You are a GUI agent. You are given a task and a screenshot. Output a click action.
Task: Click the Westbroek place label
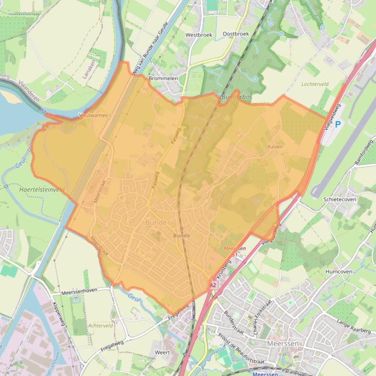(x=198, y=35)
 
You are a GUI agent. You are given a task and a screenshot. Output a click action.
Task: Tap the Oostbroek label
(x=235, y=34)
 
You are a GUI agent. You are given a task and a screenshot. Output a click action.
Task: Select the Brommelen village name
(x=163, y=78)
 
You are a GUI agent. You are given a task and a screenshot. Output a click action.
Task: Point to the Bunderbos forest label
(x=237, y=98)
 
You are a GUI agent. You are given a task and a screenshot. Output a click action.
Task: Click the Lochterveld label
(x=315, y=84)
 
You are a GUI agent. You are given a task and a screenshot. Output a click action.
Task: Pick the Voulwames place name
(x=93, y=116)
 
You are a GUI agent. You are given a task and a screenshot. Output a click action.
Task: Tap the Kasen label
(x=275, y=146)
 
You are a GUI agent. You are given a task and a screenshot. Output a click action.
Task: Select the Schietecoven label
(x=340, y=200)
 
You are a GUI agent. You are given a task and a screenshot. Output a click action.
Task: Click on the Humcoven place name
(x=338, y=272)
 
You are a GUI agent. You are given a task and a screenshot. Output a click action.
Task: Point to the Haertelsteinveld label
(x=42, y=189)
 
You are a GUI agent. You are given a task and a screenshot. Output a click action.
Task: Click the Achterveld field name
(x=101, y=326)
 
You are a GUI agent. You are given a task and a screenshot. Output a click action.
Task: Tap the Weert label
(x=162, y=352)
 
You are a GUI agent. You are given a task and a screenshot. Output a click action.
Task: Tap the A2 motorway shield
(x=213, y=284)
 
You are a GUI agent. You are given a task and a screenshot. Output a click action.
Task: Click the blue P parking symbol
(x=337, y=125)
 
